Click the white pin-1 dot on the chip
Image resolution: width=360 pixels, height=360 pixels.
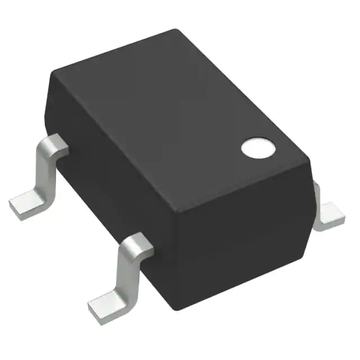click(259, 147)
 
